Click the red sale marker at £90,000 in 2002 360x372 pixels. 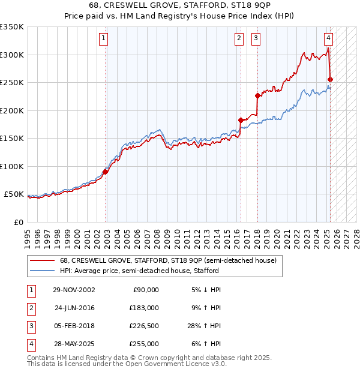coord(106,172)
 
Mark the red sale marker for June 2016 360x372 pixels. coord(241,120)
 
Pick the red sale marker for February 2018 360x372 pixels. coord(257,95)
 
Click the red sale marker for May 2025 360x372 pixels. coord(331,79)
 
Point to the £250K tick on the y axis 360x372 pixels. coord(12,82)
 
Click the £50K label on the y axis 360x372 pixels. coord(14,194)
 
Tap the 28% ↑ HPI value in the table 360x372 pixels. coord(203,327)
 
